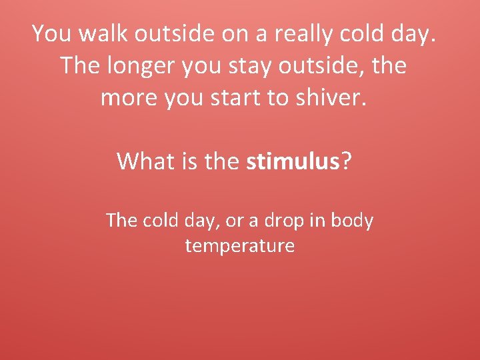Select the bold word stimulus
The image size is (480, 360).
pyautogui.click(x=293, y=161)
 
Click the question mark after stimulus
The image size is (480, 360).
pyautogui.click(x=346, y=161)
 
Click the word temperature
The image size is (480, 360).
pyautogui.click(x=240, y=246)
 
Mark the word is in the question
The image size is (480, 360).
pyautogui.click(x=189, y=161)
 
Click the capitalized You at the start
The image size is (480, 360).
pyautogui.click(x=49, y=33)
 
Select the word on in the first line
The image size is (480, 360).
pyautogui.click(x=234, y=33)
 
